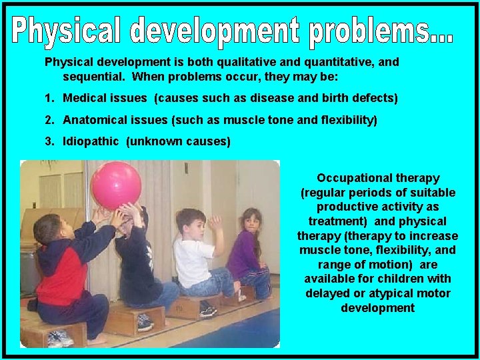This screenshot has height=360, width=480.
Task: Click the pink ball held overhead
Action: point(116,185)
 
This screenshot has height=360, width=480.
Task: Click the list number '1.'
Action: point(50,98)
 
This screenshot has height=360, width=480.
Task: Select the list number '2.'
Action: point(50,120)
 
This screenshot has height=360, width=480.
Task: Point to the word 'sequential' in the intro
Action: point(92,77)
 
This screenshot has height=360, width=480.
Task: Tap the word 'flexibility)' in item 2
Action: point(346,120)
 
